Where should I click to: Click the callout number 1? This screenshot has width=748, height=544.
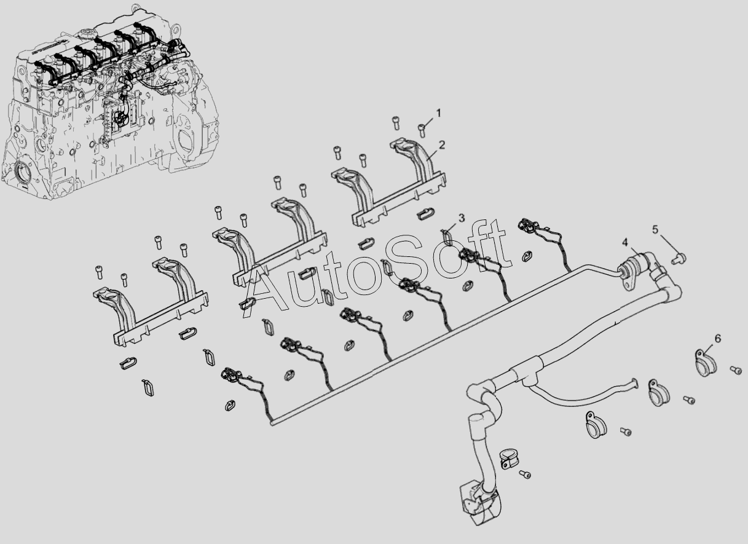[438, 113]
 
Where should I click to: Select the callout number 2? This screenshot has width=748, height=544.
[442, 145]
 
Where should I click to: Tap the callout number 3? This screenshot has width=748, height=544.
[461, 218]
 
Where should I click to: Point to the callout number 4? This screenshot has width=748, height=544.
[625, 242]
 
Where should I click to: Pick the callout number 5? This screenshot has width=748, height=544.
[655, 230]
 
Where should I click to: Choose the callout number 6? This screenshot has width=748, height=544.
[718, 338]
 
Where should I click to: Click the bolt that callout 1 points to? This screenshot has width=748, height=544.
[422, 130]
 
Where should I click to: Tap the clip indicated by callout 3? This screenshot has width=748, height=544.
[446, 237]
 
